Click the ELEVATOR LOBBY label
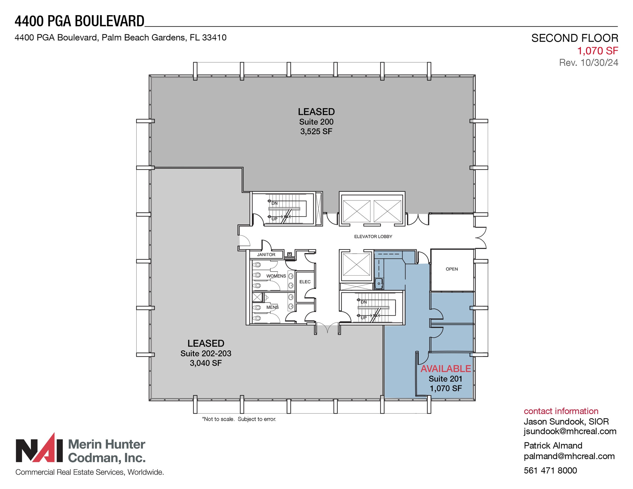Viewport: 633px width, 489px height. [x=373, y=237]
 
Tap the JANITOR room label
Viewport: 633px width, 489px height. [x=266, y=255]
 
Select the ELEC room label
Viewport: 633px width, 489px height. [x=305, y=282]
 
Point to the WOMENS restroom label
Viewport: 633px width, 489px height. [x=276, y=276]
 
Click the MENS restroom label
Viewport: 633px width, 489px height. [x=272, y=307]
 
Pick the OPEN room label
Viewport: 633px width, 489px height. [x=452, y=269]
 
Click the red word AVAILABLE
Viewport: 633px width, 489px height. [x=445, y=369]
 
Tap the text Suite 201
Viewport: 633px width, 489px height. [x=445, y=379]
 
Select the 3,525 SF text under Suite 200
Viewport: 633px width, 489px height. [x=316, y=132]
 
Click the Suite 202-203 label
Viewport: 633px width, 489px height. [x=206, y=353]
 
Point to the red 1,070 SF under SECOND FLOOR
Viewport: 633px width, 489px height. [x=597, y=51]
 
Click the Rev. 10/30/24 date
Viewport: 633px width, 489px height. [x=588, y=63]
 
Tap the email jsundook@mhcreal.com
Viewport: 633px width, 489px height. [x=570, y=431]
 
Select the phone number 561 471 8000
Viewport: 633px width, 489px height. [x=550, y=470]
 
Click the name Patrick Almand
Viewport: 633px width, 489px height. [x=553, y=445]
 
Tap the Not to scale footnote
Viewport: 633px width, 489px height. [x=239, y=419]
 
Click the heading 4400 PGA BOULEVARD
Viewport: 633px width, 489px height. [x=79, y=21]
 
